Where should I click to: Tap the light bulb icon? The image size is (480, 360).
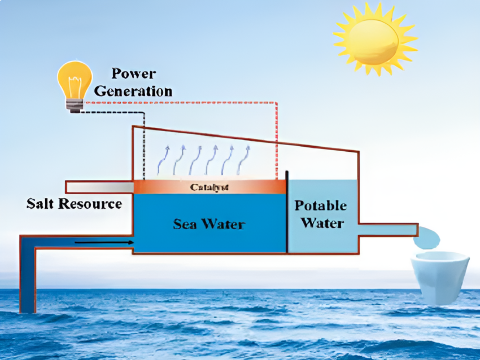click(x=75, y=85)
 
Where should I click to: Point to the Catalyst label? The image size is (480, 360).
click(x=210, y=187)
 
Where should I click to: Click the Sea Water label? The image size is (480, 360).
click(x=209, y=223)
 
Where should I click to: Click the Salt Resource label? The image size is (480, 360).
click(x=74, y=204)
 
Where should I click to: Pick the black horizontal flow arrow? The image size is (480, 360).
click(x=104, y=243)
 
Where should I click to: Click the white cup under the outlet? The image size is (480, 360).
click(x=440, y=277)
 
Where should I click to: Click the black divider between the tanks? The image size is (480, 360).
click(x=287, y=212)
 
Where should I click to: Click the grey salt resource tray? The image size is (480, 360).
click(x=99, y=186)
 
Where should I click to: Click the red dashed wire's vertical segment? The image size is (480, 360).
click(x=277, y=141)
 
